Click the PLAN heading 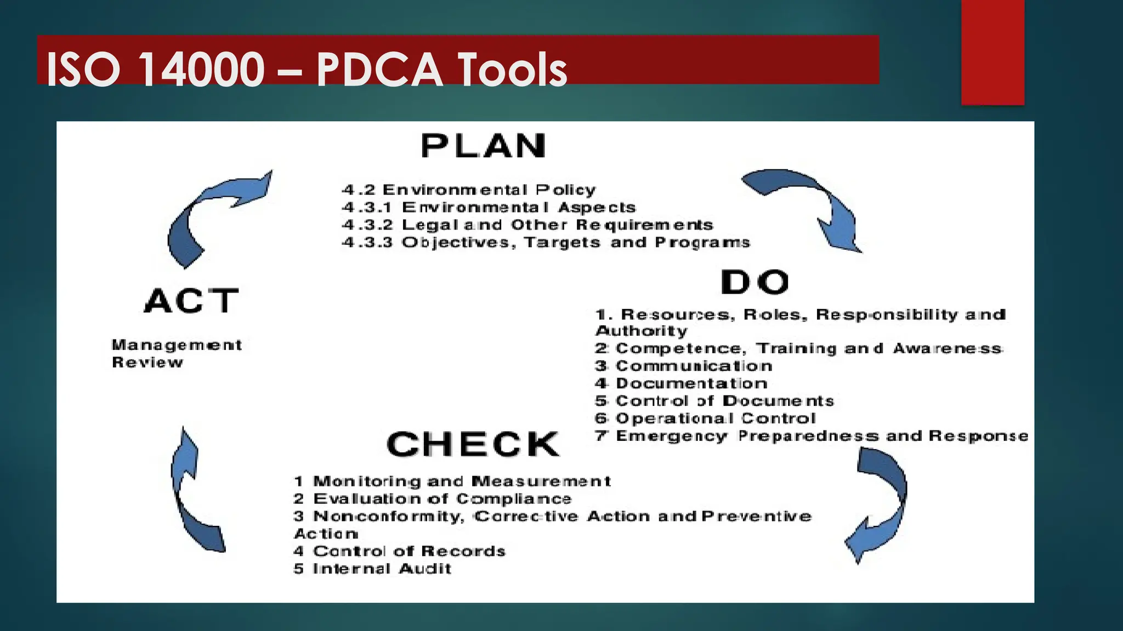pyautogui.click(x=484, y=146)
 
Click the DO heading pyautogui.click(x=755, y=282)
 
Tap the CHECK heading pyautogui.click(x=473, y=444)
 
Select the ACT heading pyautogui.click(x=191, y=301)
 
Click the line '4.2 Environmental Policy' pyautogui.click(x=469, y=190)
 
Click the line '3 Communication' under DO pyautogui.click(x=684, y=366)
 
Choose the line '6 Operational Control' pyautogui.click(x=706, y=418)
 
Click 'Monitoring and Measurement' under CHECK pyautogui.click(x=452, y=481)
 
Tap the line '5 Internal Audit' pyautogui.click(x=372, y=569)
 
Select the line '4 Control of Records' pyautogui.click(x=399, y=551)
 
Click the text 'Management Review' pyautogui.click(x=177, y=353)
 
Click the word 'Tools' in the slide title pyautogui.click(x=512, y=70)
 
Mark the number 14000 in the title pyautogui.click(x=201, y=70)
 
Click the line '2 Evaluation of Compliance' pyautogui.click(x=432, y=499)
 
